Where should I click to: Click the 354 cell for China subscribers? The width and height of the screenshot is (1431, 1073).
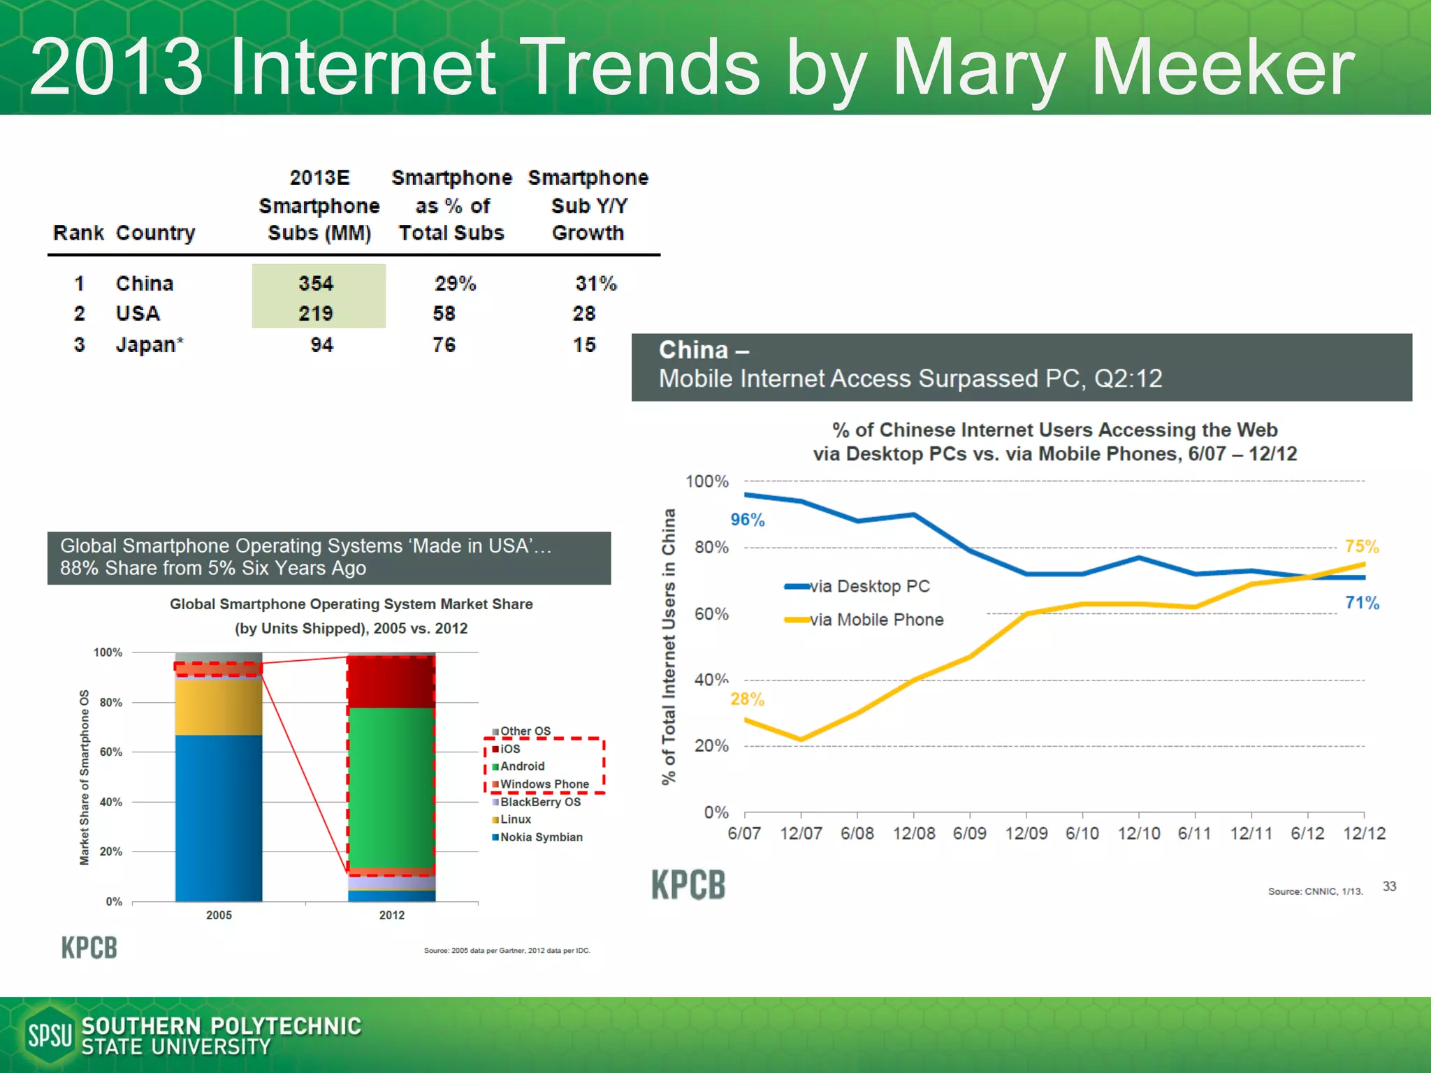(317, 284)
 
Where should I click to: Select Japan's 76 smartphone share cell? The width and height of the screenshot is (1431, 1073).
(444, 345)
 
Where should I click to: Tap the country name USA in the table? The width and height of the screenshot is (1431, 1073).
(138, 314)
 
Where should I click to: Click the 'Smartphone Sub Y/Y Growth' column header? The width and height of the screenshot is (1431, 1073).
(588, 205)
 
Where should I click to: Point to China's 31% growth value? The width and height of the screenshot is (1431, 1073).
(596, 284)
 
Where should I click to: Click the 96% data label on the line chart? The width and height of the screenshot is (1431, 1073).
(748, 520)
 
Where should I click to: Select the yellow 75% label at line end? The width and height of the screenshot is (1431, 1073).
(1362, 546)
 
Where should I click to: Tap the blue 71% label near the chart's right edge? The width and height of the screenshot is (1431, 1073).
(1362, 603)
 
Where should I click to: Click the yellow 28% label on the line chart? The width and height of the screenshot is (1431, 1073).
(748, 699)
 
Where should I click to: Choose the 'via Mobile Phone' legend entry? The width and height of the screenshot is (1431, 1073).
(876, 620)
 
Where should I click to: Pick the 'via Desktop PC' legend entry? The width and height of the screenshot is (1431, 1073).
(869, 586)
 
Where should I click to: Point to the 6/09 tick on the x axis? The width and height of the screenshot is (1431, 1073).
(970, 833)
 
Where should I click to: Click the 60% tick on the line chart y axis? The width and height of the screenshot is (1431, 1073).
(711, 614)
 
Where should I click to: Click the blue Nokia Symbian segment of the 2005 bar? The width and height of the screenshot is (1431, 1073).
(219, 817)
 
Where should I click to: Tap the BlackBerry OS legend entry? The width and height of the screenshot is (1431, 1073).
(540, 802)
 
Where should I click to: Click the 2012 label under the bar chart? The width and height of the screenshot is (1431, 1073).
(392, 915)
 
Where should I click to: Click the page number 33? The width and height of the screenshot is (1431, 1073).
(1389, 886)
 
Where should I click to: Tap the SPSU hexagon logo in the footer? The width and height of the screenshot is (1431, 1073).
(49, 1035)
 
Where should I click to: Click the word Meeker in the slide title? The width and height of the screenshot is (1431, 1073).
(1223, 68)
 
